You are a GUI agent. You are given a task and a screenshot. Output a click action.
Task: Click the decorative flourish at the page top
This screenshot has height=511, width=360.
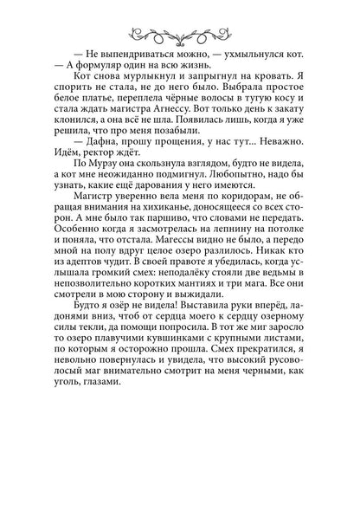click(x=181, y=34)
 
